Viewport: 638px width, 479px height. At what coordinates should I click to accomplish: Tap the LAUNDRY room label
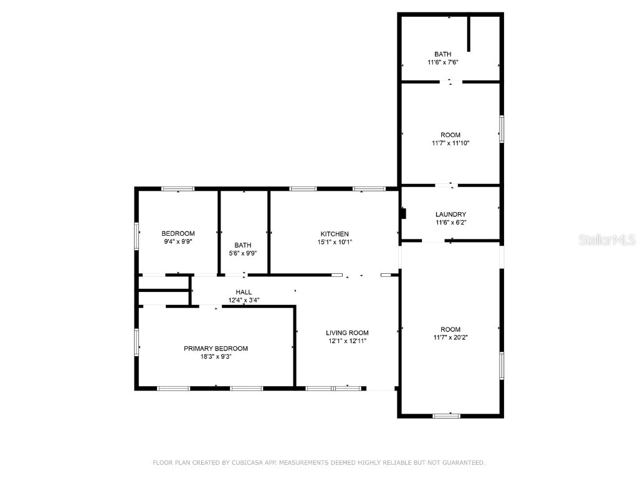(450, 215)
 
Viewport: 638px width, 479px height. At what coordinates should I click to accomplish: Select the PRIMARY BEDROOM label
(216, 349)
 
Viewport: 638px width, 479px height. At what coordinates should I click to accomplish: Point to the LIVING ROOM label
(347, 333)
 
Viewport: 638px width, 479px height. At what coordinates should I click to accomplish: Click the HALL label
(244, 292)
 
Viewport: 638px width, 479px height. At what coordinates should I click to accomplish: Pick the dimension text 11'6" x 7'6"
(443, 62)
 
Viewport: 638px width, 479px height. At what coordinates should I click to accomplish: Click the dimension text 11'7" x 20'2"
(450, 337)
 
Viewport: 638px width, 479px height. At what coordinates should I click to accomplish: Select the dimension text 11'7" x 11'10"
(450, 143)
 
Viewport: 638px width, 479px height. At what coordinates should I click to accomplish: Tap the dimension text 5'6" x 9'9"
(243, 253)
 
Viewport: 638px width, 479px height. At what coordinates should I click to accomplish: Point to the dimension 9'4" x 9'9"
(178, 241)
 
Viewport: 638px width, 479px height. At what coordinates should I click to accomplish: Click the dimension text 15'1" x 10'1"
(335, 242)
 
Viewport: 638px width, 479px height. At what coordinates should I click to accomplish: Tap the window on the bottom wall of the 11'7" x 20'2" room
(447, 415)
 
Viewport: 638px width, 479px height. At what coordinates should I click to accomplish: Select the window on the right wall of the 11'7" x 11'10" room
(501, 129)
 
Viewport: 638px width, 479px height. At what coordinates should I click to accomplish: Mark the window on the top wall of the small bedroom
(178, 189)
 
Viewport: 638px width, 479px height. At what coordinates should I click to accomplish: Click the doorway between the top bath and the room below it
(450, 82)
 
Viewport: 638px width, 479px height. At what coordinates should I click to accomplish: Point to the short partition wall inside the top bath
(469, 34)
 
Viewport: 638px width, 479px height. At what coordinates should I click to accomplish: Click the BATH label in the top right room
(443, 54)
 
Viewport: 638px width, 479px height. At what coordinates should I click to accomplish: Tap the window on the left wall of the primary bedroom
(136, 342)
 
